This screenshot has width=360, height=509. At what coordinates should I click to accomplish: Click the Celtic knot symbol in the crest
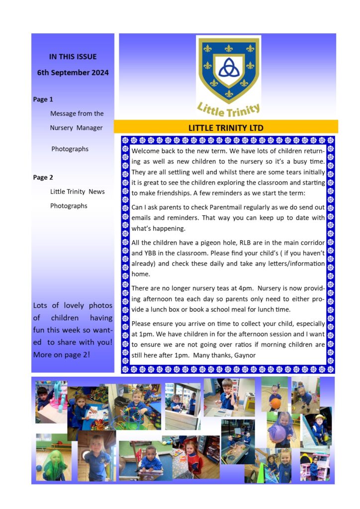point(228,67)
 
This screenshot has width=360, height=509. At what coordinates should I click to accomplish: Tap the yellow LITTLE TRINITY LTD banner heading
point(226,128)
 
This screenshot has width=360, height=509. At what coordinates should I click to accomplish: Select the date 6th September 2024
point(73,73)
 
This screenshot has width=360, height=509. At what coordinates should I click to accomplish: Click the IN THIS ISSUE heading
point(73,57)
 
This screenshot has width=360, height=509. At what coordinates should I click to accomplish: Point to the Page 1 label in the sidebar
point(43,99)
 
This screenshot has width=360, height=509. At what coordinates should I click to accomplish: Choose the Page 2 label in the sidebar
point(43,177)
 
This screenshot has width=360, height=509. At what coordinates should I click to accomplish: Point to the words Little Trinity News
point(77,192)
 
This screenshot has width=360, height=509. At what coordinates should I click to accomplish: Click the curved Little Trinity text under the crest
point(229,108)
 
